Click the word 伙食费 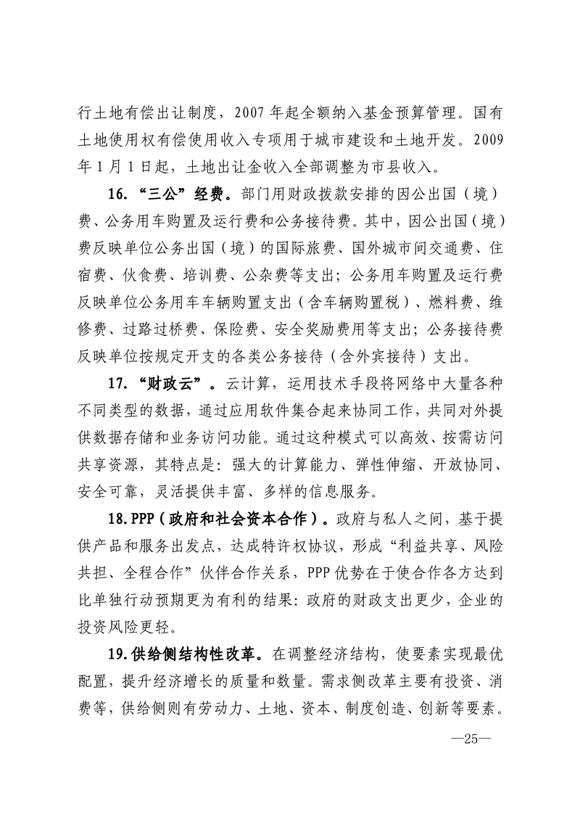[139, 276]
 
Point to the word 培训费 [201, 276]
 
